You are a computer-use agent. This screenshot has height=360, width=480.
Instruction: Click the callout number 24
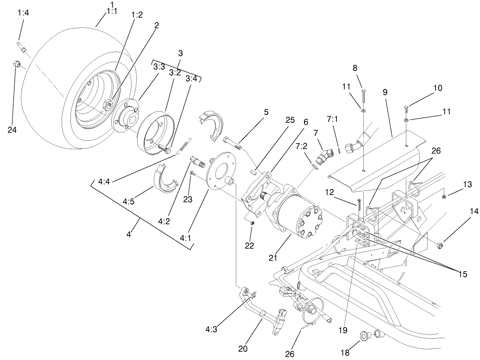click(x=12, y=130)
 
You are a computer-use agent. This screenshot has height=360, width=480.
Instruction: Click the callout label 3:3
click(x=159, y=67)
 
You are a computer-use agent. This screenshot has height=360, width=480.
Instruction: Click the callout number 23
click(x=187, y=200)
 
